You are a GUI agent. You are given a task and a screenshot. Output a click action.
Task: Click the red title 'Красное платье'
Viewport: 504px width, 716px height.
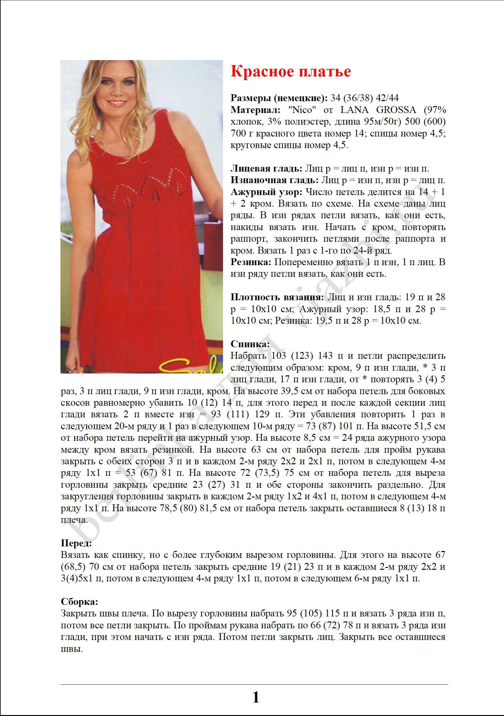290,72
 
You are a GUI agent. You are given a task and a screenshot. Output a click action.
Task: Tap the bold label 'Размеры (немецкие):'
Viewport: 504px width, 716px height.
279,98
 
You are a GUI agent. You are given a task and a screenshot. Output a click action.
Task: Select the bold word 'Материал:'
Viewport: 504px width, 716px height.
255,110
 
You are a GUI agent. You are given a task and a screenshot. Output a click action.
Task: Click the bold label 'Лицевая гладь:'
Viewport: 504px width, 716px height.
266,169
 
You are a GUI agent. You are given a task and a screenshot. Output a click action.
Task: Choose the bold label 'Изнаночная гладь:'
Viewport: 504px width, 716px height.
274,180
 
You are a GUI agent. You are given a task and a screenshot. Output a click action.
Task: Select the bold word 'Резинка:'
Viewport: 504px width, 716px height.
251,262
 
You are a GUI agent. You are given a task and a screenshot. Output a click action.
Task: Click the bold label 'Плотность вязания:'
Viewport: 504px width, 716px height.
277,297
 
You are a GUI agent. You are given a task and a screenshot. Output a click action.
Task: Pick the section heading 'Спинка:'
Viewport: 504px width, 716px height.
250,344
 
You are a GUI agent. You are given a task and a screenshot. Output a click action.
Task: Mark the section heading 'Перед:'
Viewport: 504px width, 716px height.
76,543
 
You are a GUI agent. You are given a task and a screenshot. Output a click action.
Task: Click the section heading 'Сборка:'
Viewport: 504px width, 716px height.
80,602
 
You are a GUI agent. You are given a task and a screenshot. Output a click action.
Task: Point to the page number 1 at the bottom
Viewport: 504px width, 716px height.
256,697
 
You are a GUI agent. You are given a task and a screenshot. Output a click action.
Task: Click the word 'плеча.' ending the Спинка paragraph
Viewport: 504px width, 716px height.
74,520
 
